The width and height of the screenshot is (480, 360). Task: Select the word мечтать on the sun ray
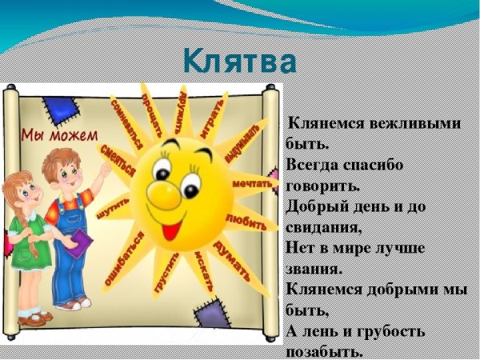coord(254,184)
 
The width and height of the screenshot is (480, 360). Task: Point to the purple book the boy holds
coord(78,243)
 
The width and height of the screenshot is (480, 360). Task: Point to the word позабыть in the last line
coord(324,350)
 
